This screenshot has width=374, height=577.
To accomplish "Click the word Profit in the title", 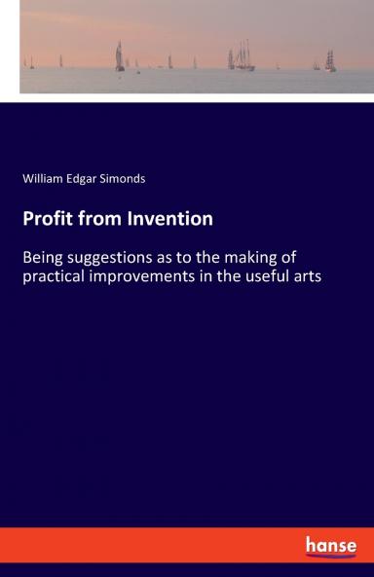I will [x=48, y=219].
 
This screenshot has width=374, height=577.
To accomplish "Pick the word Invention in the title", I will [x=168, y=219].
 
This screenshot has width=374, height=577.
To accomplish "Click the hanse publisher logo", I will [x=331, y=546].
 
